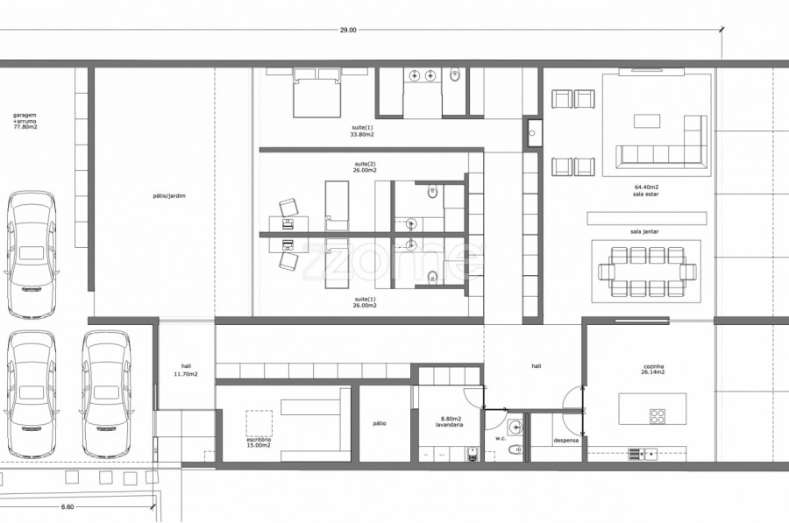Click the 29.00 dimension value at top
[348, 30]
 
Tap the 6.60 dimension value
[68, 507]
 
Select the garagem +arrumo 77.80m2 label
[25, 121]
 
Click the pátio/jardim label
[169, 195]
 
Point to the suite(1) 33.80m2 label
[362, 131]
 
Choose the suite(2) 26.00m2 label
[365, 167]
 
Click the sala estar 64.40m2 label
[646, 191]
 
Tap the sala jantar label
[644, 232]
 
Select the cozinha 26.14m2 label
[653, 370]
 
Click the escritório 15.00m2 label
[259, 442]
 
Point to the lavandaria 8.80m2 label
[450, 421]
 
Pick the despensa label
[566, 441]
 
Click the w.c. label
[501, 439]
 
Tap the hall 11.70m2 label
[186, 370]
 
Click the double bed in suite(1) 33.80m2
[317, 93]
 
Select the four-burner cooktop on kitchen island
[657, 416]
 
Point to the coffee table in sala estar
[647, 121]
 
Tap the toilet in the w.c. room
[515, 449]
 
